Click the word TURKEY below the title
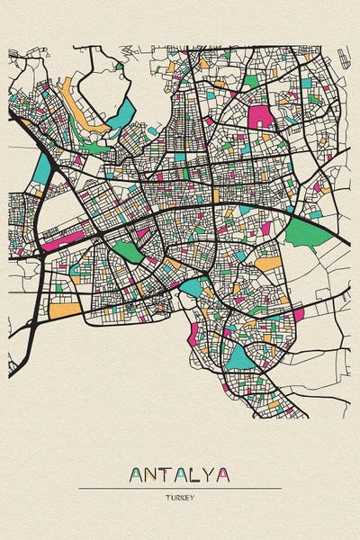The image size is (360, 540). (x=179, y=497)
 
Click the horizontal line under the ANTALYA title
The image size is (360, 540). (x=179, y=488)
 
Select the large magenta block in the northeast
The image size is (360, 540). (x=260, y=116)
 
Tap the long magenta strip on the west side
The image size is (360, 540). (x=63, y=239)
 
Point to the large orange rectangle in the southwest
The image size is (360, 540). (x=65, y=310)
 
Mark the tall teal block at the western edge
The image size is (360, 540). (x=41, y=168)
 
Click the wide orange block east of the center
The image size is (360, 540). (x=267, y=265)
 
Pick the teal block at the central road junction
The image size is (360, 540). (x=192, y=287)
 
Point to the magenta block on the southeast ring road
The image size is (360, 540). (x=298, y=314)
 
